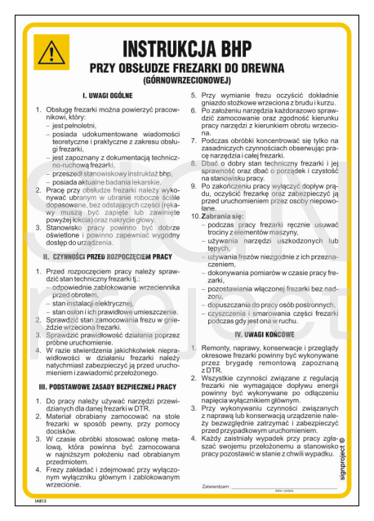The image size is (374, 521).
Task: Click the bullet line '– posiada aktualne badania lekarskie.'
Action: pos(112,180)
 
